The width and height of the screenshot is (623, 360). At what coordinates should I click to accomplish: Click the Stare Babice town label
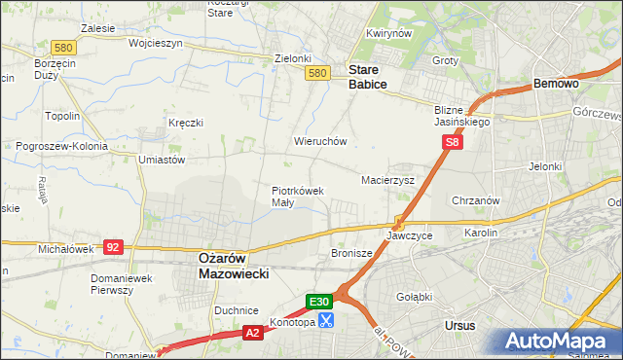[368, 77]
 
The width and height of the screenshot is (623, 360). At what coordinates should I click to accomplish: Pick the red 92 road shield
[113, 247]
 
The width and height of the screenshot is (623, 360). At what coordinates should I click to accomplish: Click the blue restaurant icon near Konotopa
[327, 319]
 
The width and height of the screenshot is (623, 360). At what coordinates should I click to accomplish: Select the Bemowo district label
[557, 85]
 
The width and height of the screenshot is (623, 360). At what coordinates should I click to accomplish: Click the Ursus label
[458, 325]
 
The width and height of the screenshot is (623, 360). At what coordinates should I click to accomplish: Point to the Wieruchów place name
[320, 141]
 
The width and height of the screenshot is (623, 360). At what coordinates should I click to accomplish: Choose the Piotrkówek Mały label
[297, 197]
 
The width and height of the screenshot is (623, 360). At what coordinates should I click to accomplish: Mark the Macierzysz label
[388, 180]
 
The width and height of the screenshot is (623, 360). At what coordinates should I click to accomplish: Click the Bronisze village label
[352, 254]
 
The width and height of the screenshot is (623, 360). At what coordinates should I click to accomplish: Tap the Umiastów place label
[162, 159]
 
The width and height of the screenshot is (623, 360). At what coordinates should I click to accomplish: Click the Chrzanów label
[476, 200]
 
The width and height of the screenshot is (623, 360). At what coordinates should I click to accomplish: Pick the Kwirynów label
[385, 33]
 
